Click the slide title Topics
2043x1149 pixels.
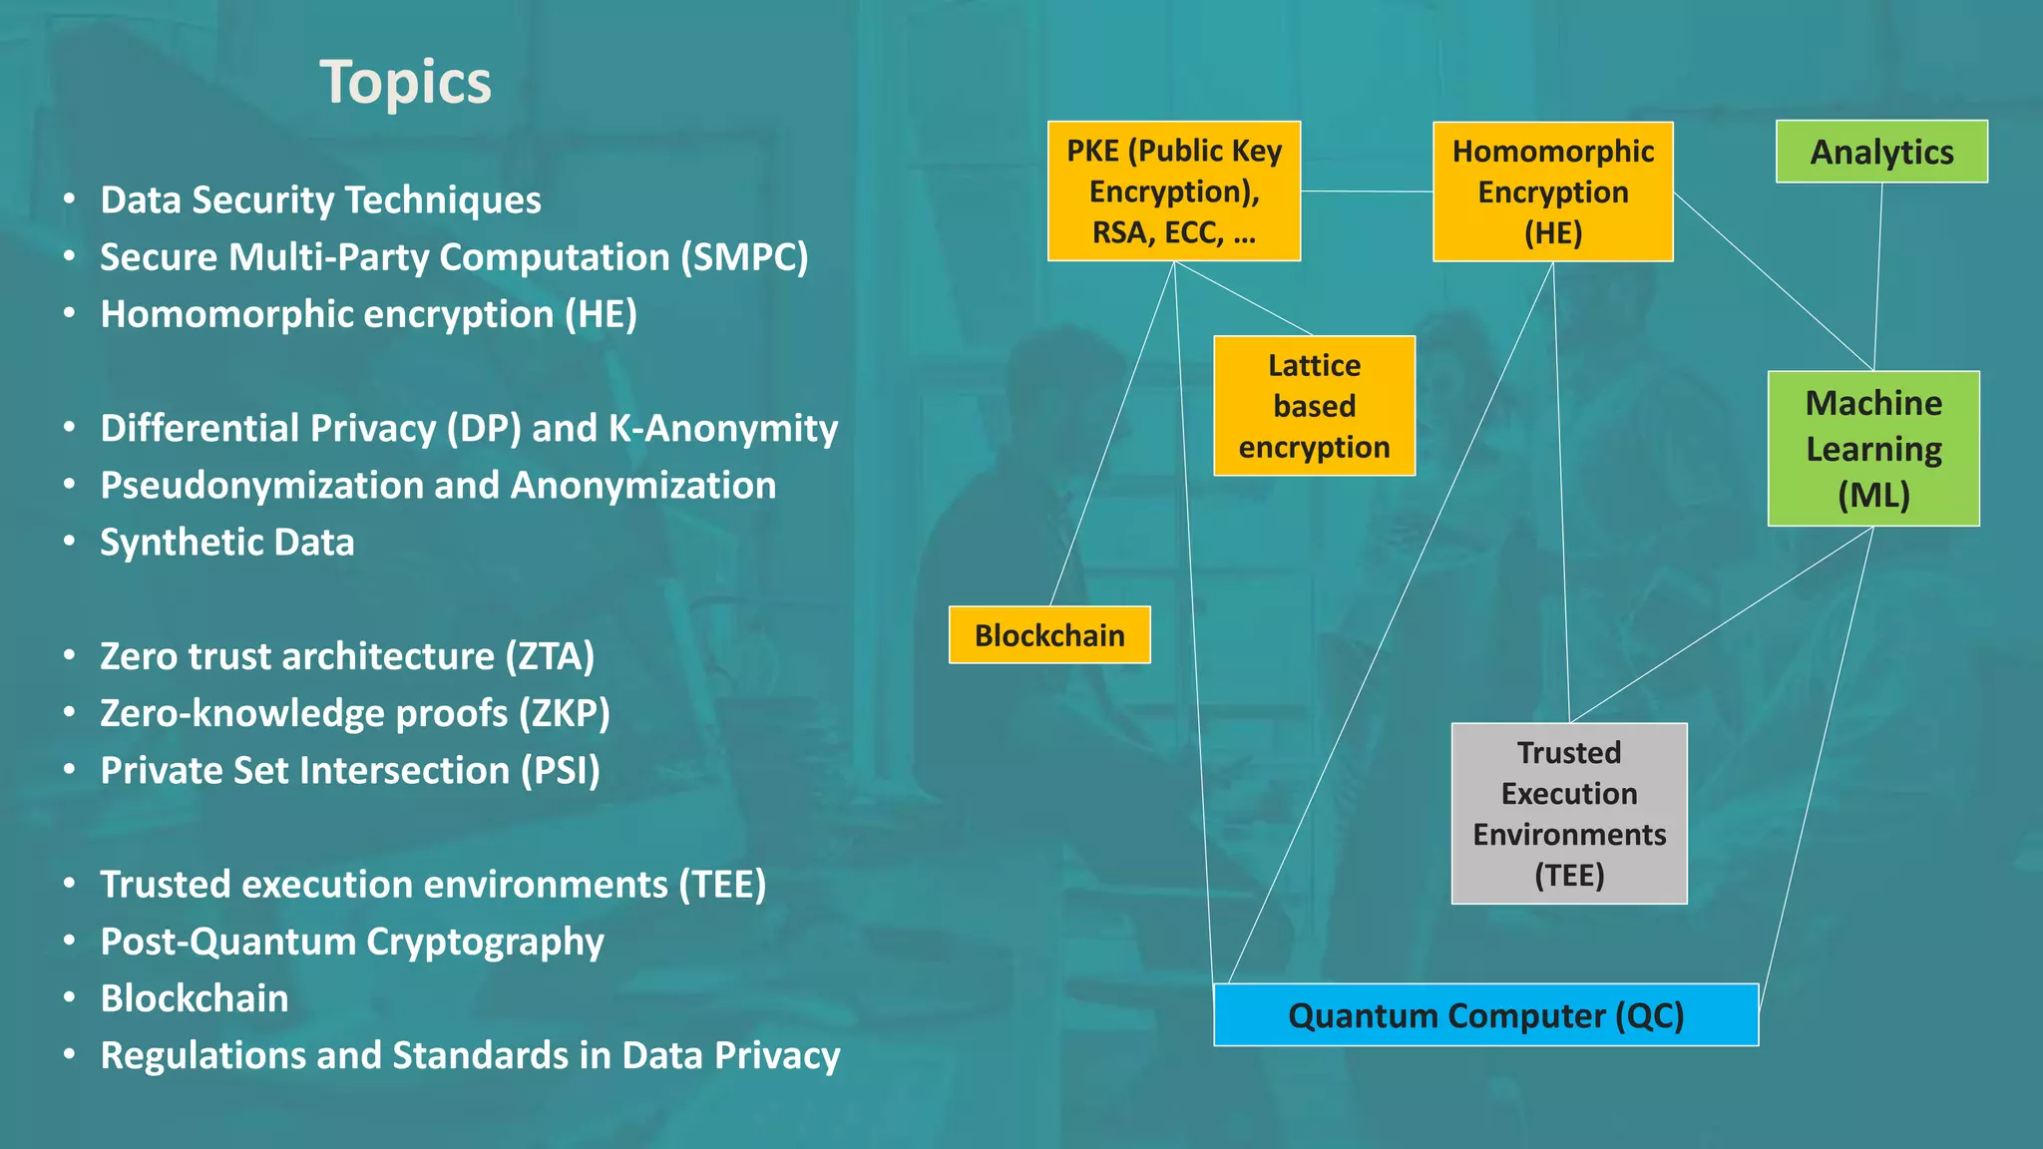pyautogui.click(x=405, y=82)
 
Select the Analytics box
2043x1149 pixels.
pyautogui.click(x=1881, y=152)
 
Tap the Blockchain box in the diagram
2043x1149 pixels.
pyautogui.click(x=1049, y=635)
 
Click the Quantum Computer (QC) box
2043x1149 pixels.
pyautogui.click(x=1485, y=1015)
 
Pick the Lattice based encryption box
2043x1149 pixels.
pyautogui.click(x=1314, y=406)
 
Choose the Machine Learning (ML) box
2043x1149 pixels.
pyautogui.click(x=1873, y=449)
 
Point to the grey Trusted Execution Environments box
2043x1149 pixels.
pyautogui.click(x=1569, y=814)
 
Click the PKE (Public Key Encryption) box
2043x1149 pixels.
pyautogui.click(x=1174, y=191)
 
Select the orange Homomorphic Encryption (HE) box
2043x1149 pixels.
pyautogui.click(x=1552, y=191)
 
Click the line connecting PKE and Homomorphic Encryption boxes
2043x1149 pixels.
pyautogui.click(x=1367, y=191)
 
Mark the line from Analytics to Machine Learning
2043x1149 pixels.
pyautogui.click(x=1878, y=276)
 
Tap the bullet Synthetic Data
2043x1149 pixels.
pyautogui.click(x=227, y=543)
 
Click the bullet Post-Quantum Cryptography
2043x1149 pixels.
pyautogui.click(x=352, y=942)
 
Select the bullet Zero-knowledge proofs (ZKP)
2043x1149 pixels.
pyautogui.click(x=354, y=714)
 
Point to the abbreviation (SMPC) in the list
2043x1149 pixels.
pyautogui.click(x=744, y=257)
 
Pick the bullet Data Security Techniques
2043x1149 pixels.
pyautogui.click(x=320, y=200)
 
